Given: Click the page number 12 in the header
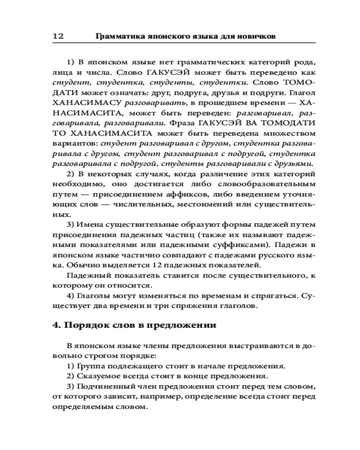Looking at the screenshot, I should click(x=58, y=36).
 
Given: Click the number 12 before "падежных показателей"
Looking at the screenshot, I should click(x=161, y=265).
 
